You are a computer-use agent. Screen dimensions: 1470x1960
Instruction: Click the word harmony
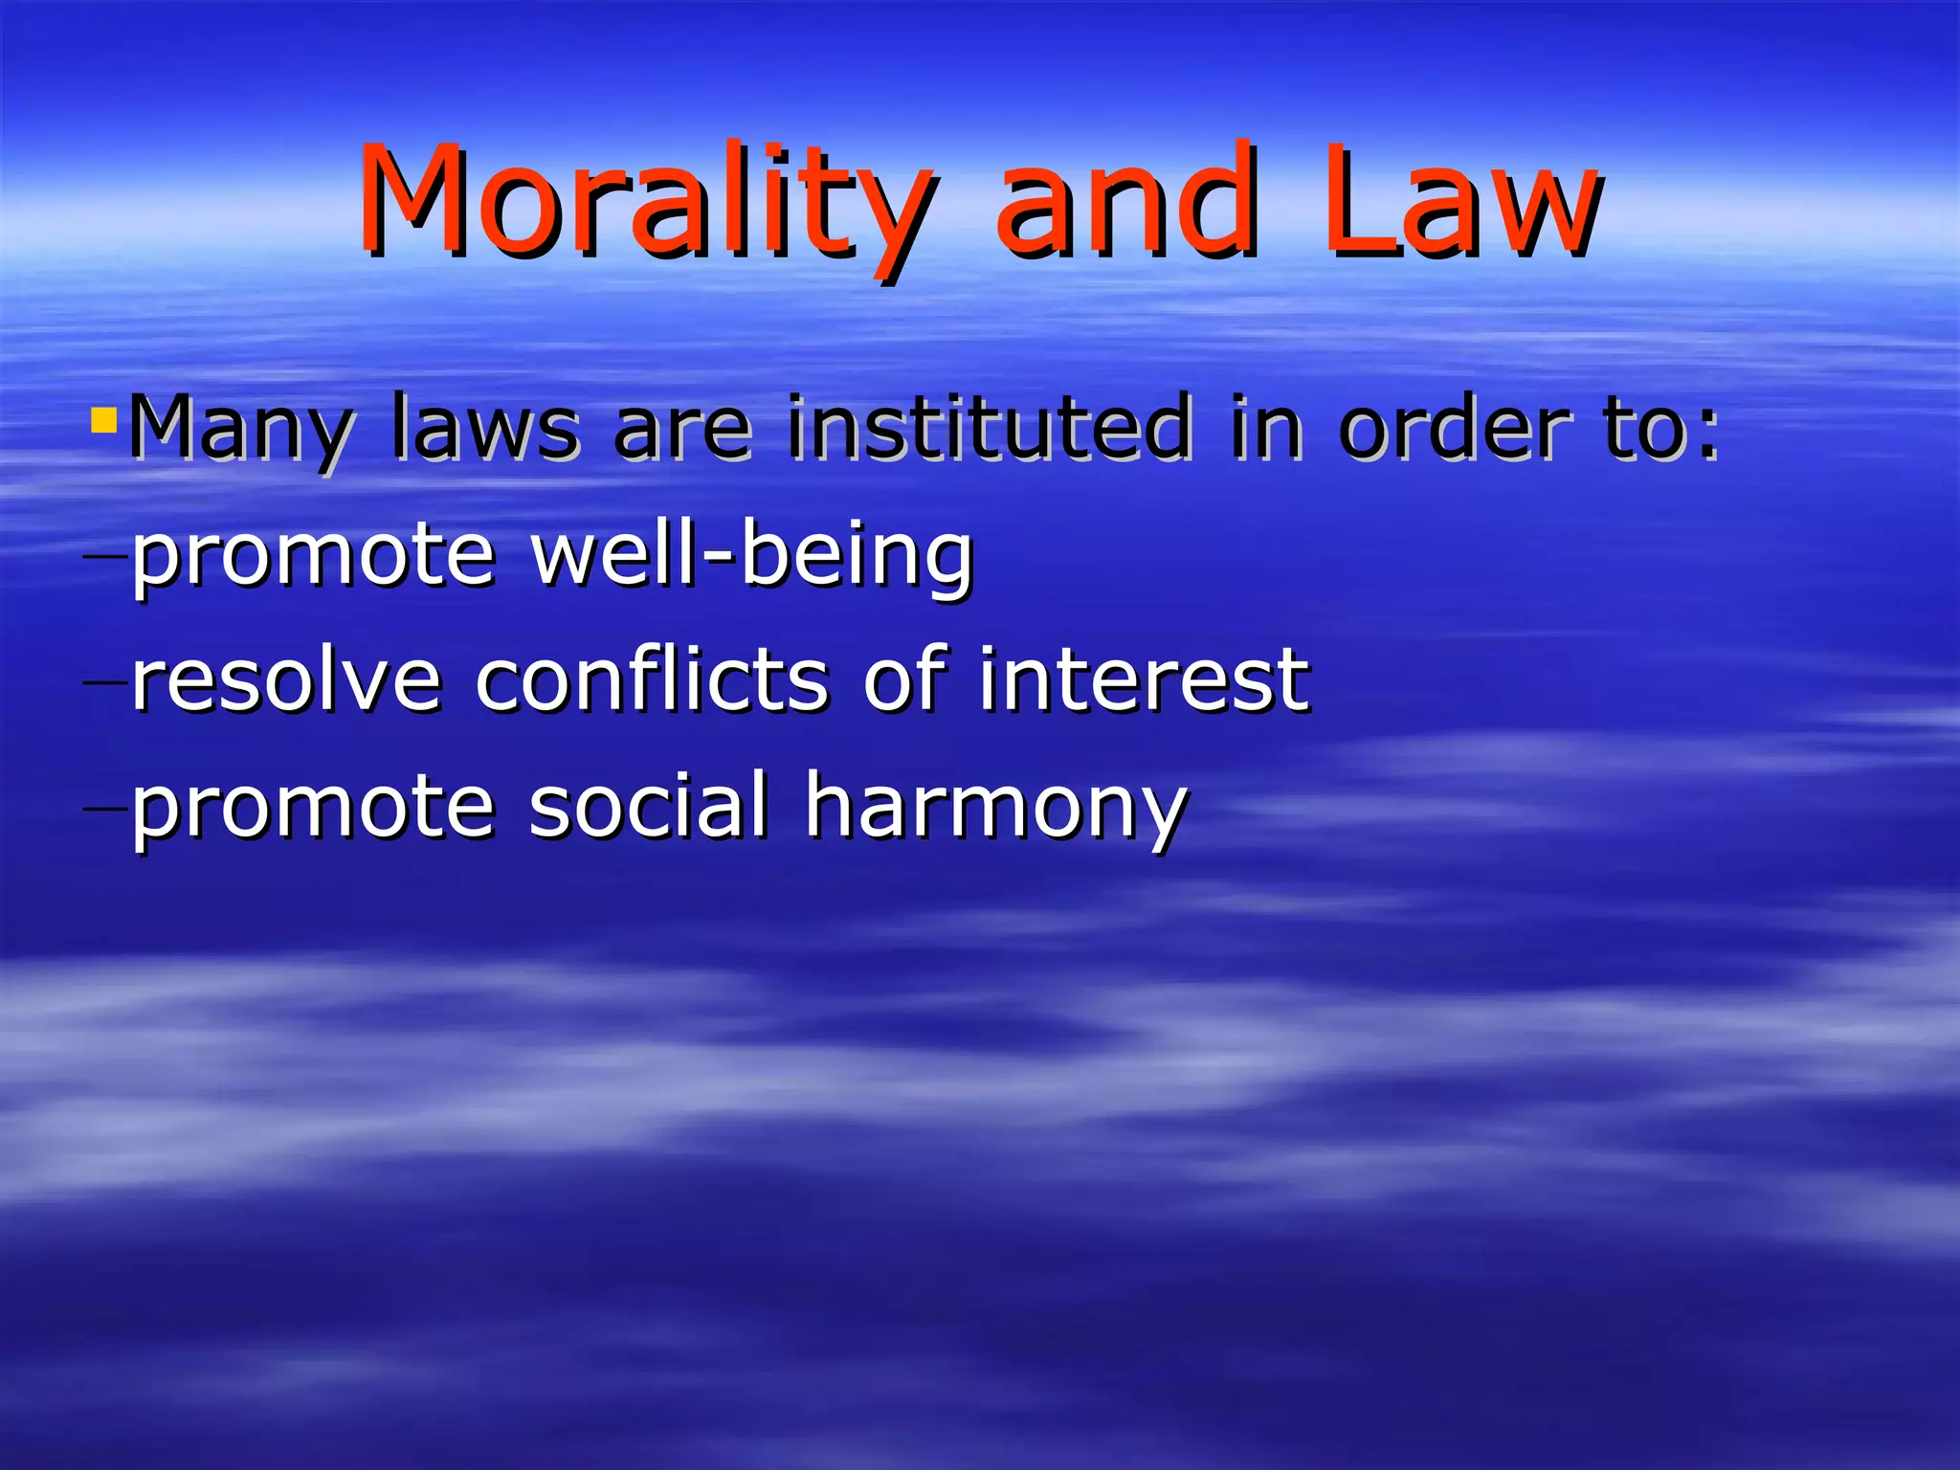coord(995,809)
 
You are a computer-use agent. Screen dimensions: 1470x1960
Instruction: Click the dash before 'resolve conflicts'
coord(105,682)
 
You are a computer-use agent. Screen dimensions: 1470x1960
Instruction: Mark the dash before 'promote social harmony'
coord(105,808)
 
